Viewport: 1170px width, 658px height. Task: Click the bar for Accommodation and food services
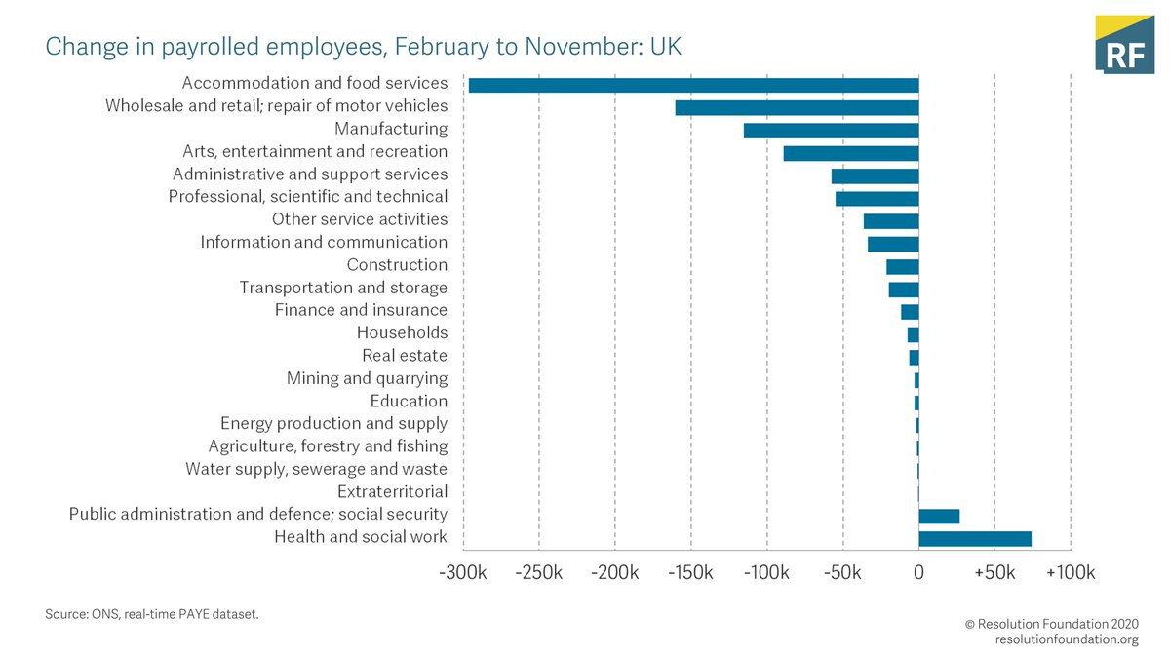[x=693, y=85]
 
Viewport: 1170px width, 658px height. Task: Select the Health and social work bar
[x=974, y=539]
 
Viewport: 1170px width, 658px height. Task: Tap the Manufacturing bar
[x=831, y=131]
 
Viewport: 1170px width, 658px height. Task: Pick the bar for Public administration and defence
[x=939, y=517]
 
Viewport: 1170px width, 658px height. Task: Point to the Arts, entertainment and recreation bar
[x=850, y=153]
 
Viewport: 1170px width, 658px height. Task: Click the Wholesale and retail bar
[x=797, y=107]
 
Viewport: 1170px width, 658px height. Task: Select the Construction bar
[x=902, y=266]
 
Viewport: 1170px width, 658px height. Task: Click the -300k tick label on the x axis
[x=463, y=573]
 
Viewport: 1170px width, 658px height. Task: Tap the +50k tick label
[x=994, y=573]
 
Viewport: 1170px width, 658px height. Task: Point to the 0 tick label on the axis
[x=918, y=573]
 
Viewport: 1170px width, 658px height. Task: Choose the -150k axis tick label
[x=690, y=573]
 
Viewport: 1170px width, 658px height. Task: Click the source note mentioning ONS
[x=152, y=615]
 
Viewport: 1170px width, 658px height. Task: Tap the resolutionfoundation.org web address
[x=1066, y=639]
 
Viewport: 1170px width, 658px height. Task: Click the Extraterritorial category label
[x=392, y=491]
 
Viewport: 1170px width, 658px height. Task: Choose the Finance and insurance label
[x=361, y=310]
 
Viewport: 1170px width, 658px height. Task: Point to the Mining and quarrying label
[x=367, y=378]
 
